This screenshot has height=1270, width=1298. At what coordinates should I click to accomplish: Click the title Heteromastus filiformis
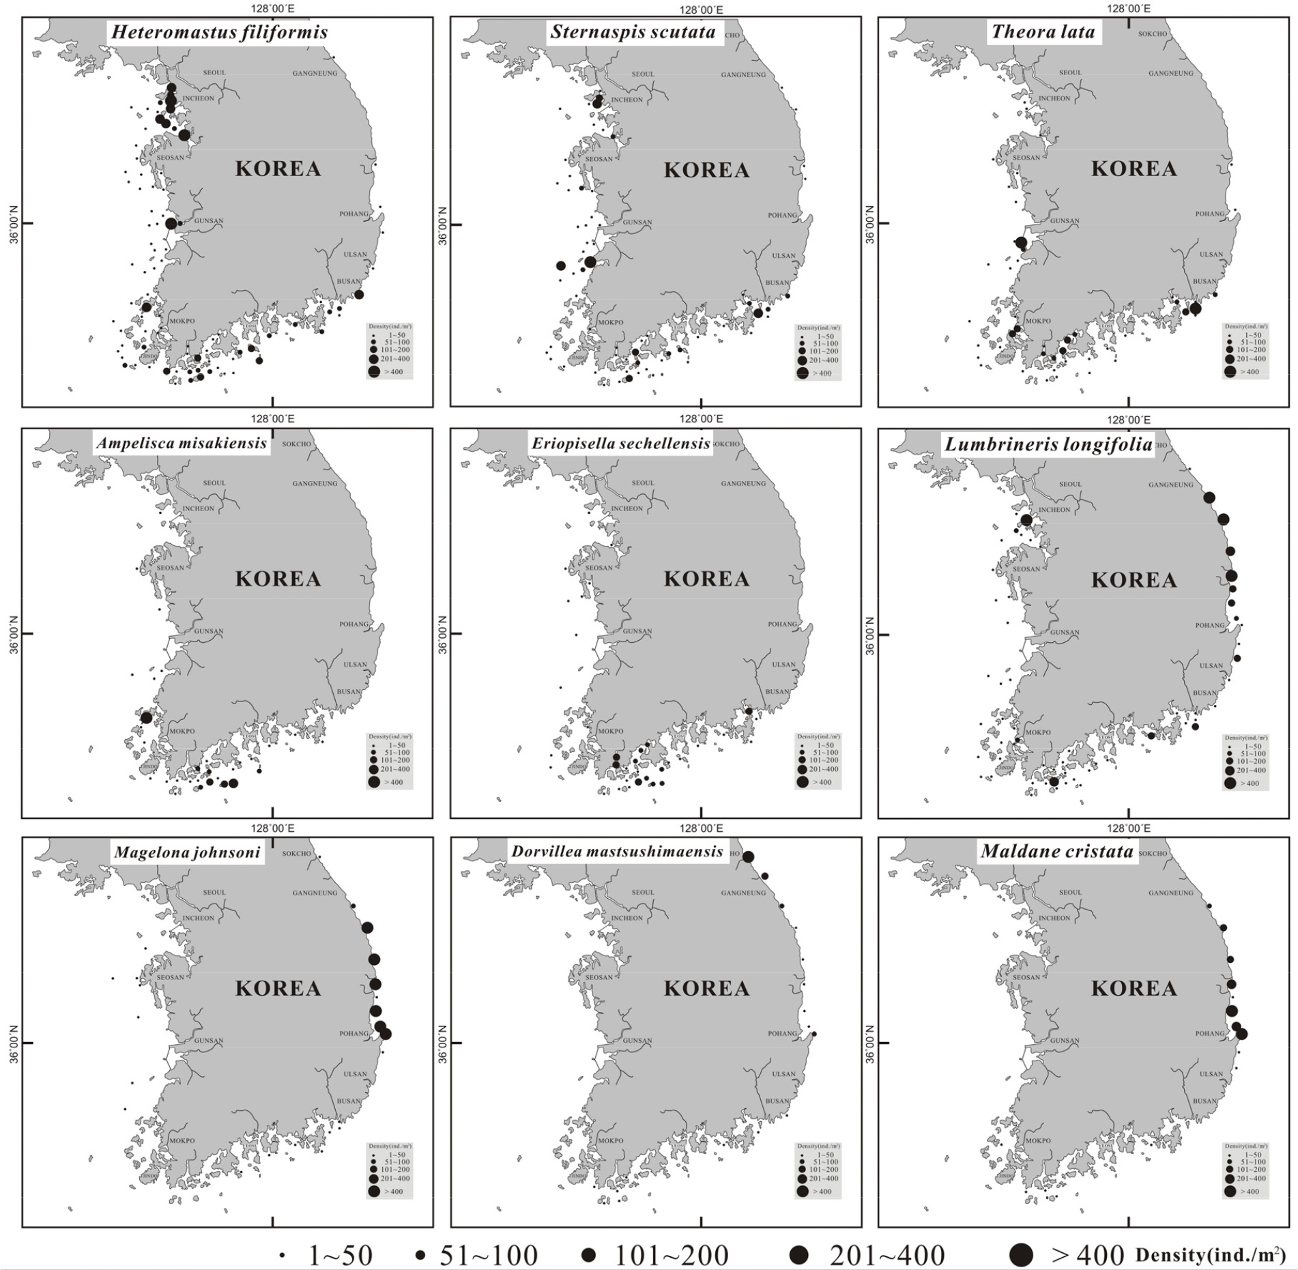click(219, 33)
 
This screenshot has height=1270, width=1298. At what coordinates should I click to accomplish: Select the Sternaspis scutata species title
click(633, 32)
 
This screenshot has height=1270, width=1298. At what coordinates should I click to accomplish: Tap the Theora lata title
click(1043, 32)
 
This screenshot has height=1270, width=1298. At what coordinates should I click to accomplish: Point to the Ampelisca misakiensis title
click(181, 443)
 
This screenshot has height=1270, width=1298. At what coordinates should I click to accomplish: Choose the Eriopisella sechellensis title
click(620, 443)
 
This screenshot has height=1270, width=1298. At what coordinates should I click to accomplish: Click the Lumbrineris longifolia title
click(1048, 445)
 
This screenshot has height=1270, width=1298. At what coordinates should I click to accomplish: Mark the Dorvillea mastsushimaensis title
click(616, 852)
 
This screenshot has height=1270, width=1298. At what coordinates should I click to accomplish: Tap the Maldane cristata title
click(1056, 852)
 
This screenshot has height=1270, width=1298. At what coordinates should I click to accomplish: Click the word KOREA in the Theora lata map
click(1134, 169)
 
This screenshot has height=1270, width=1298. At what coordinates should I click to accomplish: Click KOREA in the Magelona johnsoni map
click(278, 988)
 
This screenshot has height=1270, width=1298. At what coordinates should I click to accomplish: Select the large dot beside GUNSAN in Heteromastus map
click(171, 223)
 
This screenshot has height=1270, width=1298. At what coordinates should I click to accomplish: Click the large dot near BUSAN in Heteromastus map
click(359, 294)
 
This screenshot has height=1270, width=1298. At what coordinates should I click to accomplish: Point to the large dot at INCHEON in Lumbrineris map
click(1026, 520)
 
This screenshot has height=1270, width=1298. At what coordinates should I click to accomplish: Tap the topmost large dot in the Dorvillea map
click(748, 857)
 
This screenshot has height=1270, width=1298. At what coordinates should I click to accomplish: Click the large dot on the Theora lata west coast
click(1021, 242)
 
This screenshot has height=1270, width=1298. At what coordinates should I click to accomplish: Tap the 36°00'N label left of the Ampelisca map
click(12, 633)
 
